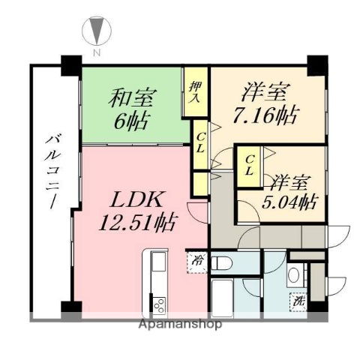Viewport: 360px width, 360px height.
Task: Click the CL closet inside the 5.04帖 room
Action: click(250, 165)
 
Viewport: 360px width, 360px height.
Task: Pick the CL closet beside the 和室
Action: click(201, 142)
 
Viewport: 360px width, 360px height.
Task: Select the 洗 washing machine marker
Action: click(298, 301)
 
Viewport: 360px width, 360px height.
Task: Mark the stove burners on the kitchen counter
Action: click(158, 304)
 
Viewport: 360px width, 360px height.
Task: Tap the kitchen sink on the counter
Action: click(158, 263)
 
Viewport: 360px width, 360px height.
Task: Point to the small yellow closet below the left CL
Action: click(200, 183)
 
